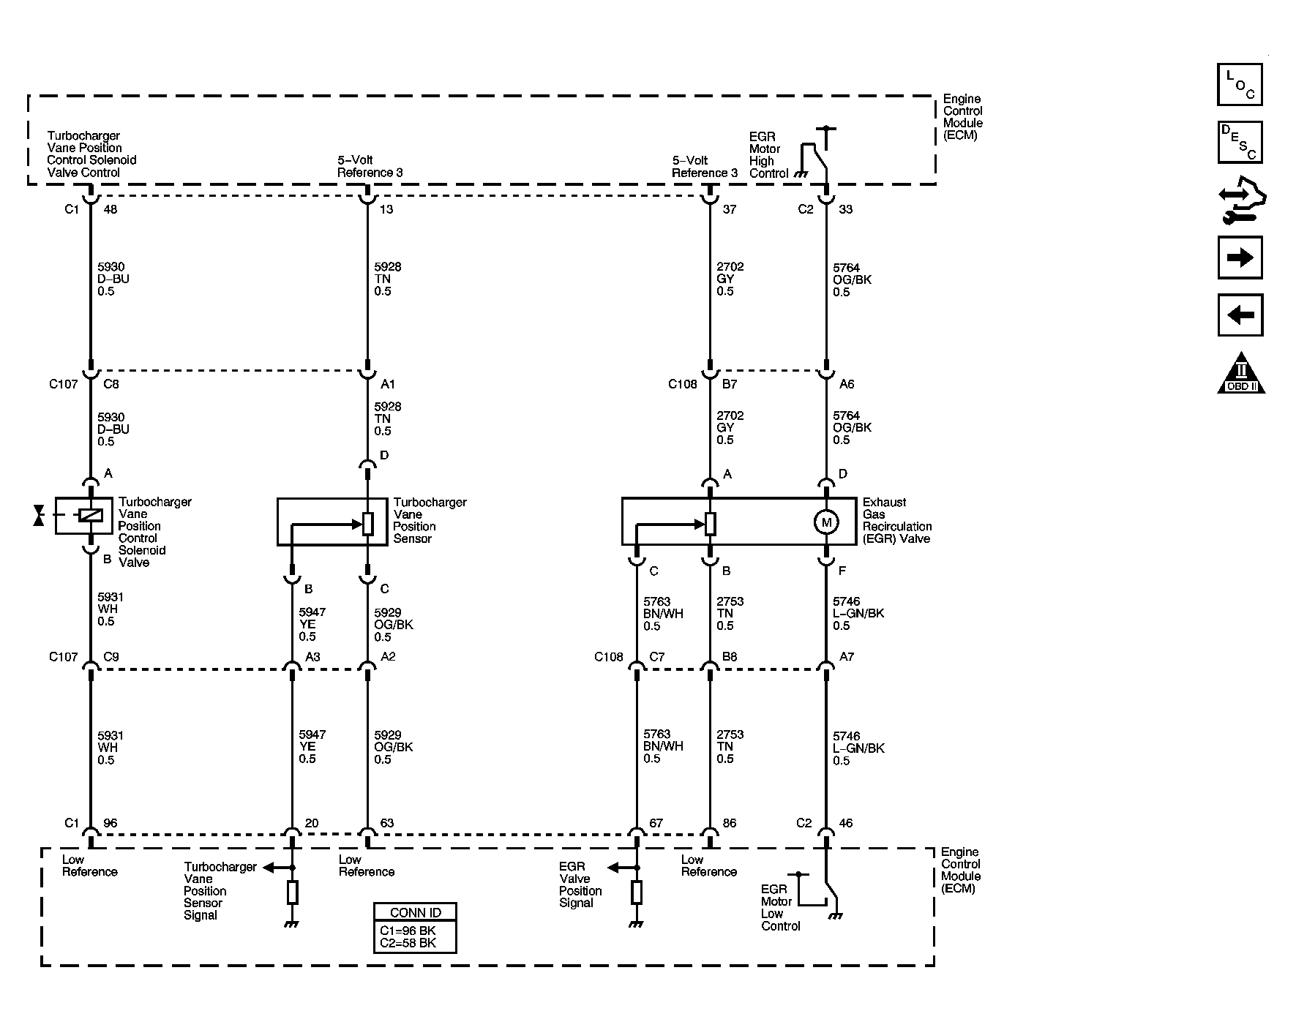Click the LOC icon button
pos(1240,85)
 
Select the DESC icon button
pos(1240,142)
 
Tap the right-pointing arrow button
pos(1240,258)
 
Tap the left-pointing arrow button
pos(1240,315)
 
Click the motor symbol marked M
pos(826,522)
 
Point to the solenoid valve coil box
pos(84,515)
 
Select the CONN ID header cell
pos(415,912)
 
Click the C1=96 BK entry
pos(408,931)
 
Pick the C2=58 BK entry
pos(408,943)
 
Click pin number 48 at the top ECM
pos(111,209)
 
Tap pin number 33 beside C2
pos(846,209)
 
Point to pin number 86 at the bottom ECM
pos(730,823)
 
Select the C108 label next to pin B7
pos(682,384)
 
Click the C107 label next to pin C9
pos(64,657)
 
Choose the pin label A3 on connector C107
pos(312,657)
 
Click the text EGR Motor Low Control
pos(781,908)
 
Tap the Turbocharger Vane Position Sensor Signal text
pos(220,891)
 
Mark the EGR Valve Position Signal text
pos(580,884)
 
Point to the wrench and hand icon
pos(1242,200)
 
